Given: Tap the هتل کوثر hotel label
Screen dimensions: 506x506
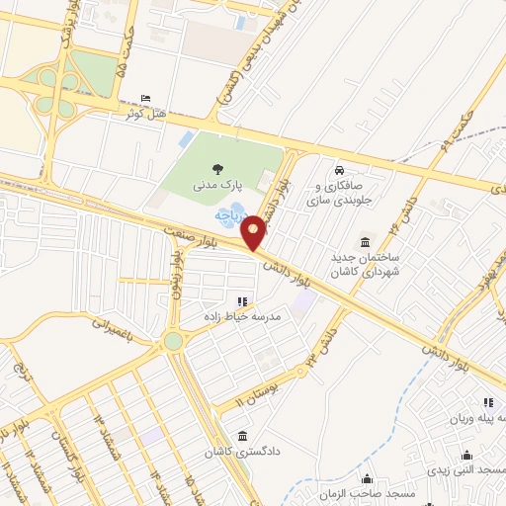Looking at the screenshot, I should pyautogui.click(x=143, y=114).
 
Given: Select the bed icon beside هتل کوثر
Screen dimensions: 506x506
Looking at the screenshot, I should pyautogui.click(x=146, y=100).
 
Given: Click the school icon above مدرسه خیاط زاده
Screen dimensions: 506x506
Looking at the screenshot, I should pyautogui.click(x=242, y=300).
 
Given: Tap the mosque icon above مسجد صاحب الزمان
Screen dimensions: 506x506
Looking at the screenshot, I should pyautogui.click(x=368, y=479).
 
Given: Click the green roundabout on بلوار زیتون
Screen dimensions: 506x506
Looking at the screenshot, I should pyautogui.click(x=174, y=341).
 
